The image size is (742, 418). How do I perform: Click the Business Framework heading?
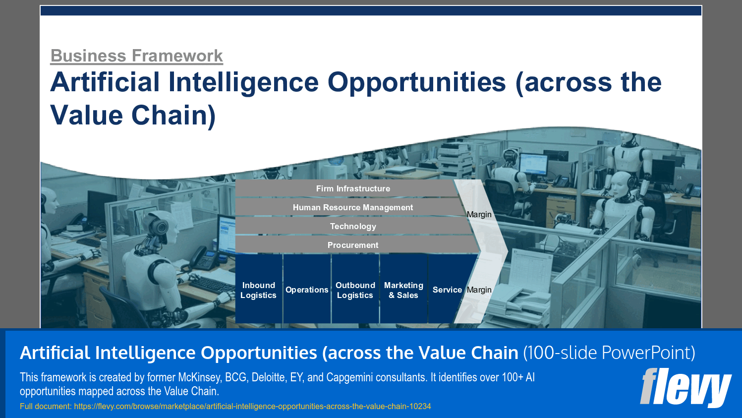136,56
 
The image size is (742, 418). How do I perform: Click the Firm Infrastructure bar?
352,188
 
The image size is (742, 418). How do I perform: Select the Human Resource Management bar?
352,207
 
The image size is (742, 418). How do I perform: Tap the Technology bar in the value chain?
352,226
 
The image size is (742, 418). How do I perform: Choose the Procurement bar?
352,245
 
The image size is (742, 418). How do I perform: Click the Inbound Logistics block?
258,290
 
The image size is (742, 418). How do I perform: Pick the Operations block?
307,290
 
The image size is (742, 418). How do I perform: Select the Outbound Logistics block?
355,290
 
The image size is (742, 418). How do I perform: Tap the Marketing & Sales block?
403,290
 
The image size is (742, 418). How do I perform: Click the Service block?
447,290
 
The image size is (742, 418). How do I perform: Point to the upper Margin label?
479,214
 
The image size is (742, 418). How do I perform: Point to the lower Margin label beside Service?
479,290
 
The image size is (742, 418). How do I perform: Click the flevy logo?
685,387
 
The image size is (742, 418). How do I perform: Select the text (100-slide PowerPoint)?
609,353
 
